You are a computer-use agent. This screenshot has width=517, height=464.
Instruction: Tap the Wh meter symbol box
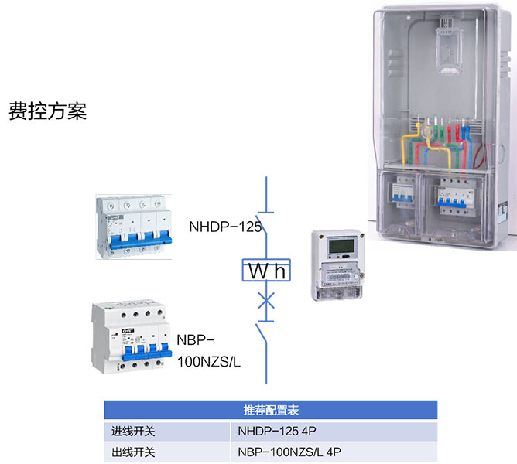265,271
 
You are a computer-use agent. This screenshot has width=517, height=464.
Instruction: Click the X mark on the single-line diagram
265,299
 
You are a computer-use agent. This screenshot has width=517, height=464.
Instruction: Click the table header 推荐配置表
270,410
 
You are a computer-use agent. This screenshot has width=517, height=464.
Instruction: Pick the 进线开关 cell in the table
135,431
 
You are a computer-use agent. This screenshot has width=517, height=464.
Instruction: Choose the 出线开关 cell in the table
135,452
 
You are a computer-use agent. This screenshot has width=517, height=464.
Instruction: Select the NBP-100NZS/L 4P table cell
289,452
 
